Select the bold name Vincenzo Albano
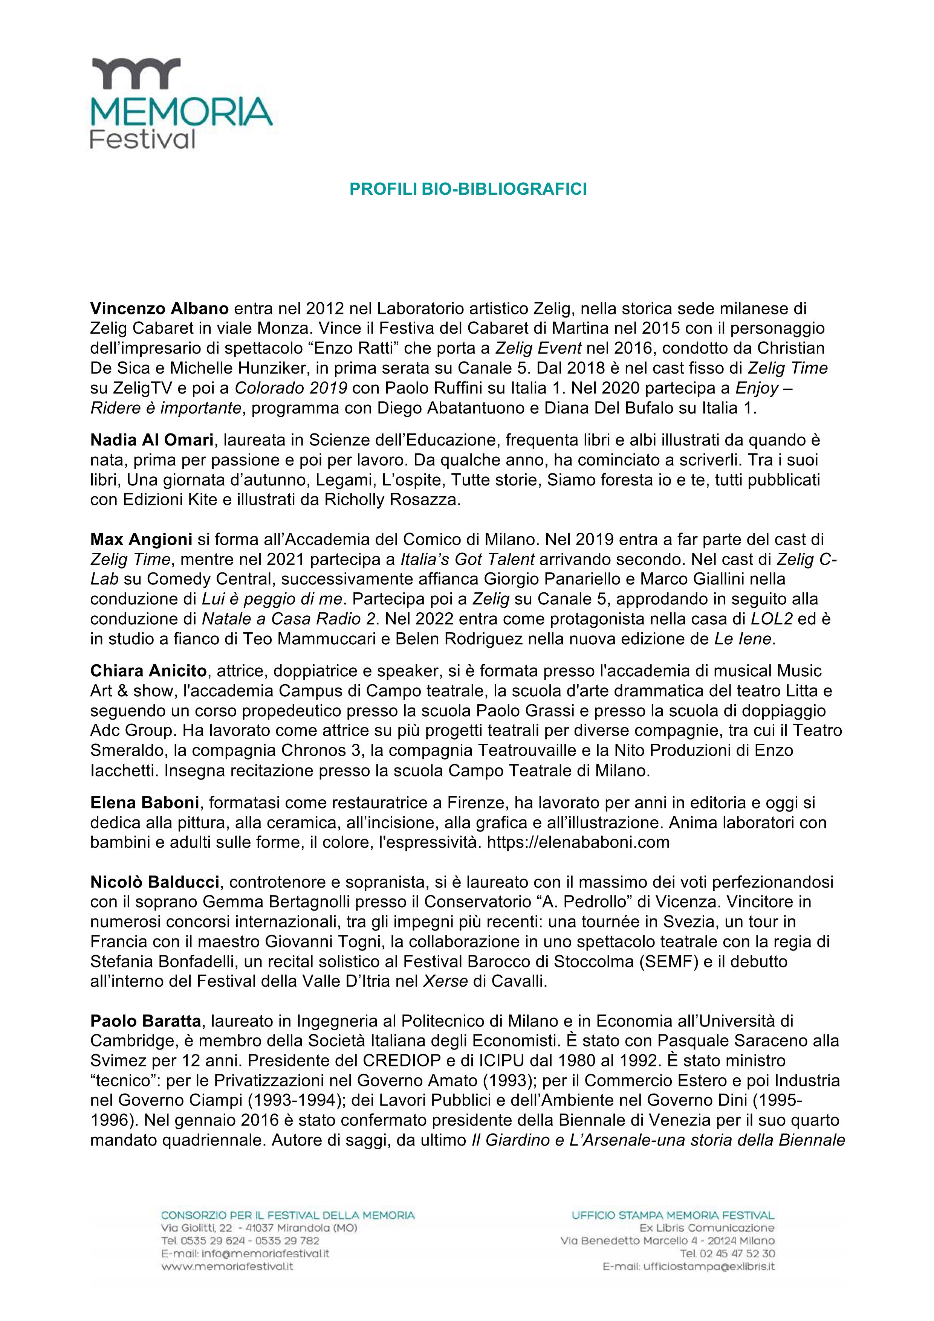click(159, 309)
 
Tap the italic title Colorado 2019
click(290, 388)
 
